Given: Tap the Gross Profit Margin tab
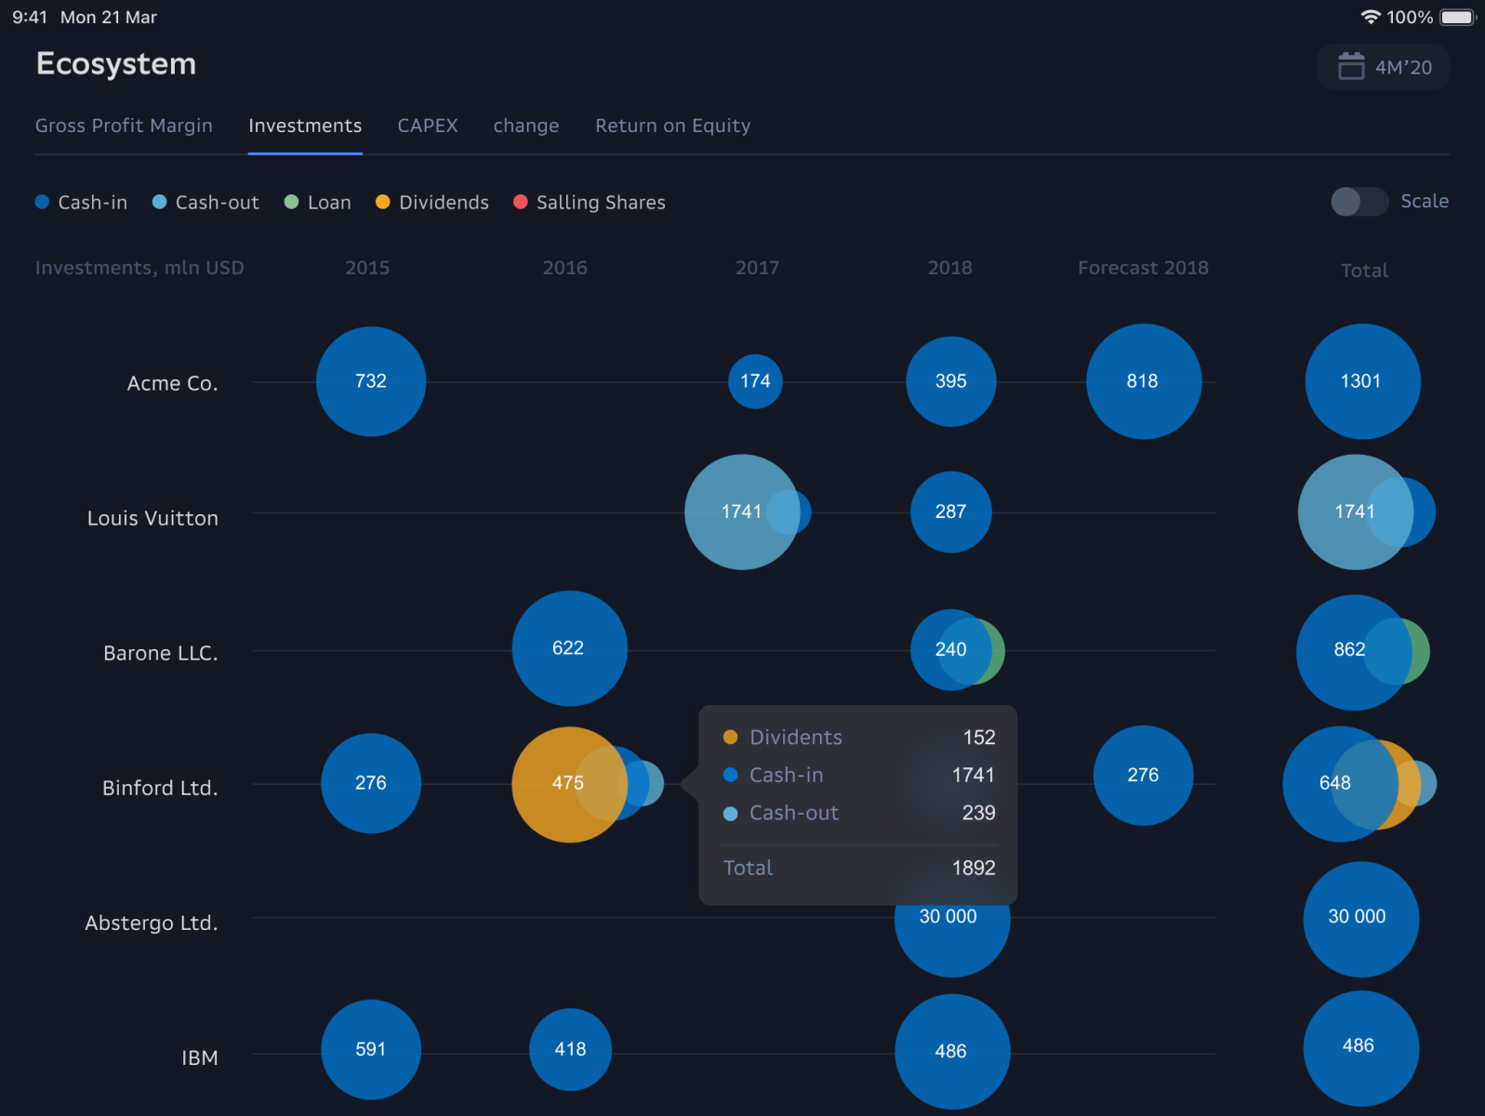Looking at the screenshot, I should pos(124,126).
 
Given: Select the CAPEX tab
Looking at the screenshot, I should pos(428,126).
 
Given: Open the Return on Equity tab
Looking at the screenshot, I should pos(672,126).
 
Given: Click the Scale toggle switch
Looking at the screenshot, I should pos(1359,202).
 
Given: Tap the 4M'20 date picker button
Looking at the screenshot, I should pos(1384,67).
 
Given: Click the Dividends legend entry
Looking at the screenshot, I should pos(432,203).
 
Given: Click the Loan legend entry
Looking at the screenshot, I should pos(318,203).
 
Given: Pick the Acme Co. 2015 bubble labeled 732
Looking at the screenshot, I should pos(371,381).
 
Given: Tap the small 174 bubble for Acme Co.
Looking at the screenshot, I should pos(755,381).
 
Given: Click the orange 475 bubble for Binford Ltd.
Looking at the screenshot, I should pos(558,784).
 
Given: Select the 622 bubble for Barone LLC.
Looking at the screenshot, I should pos(569,648).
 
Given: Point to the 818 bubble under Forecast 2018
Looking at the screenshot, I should pos(1143,381).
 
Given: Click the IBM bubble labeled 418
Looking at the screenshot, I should pos(570,1049).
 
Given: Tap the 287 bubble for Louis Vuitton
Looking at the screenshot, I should pos(950,511).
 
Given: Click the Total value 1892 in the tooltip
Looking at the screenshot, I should pos(973,868).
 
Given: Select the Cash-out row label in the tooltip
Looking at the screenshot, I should pos(793,813).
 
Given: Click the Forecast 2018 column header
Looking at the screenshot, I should pos(1143,268).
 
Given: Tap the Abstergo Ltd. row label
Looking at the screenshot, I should pos(152,923).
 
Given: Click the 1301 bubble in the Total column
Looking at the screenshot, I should pos(1361,381).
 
